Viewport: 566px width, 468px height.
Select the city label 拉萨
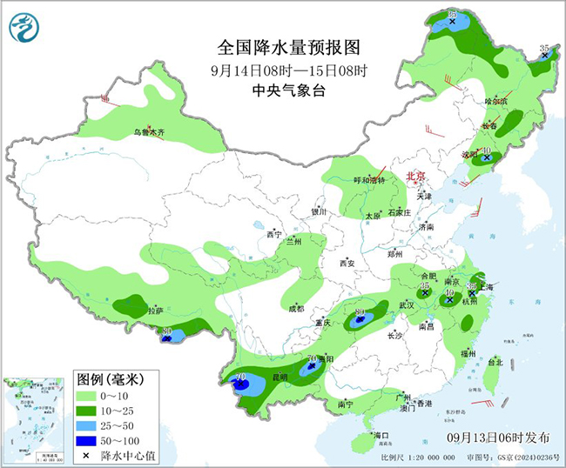coord(155,310)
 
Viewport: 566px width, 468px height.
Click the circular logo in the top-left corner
coord(24,28)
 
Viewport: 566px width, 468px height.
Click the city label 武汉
coord(406,305)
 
